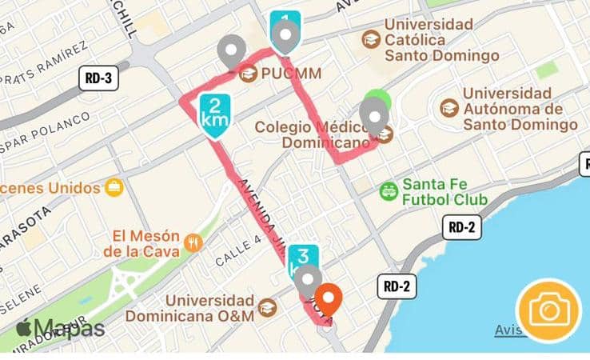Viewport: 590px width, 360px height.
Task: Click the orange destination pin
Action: (329, 300)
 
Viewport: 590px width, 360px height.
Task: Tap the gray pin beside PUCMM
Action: (233, 51)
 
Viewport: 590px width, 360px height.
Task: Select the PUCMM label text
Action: (292, 74)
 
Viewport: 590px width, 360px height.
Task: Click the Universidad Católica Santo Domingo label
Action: (441, 40)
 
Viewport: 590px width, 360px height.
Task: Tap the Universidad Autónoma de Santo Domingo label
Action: (520, 109)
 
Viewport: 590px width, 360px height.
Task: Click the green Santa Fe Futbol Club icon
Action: (389, 190)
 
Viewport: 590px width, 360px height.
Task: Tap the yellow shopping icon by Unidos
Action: (114, 188)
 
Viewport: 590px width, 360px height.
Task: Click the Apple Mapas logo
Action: (60, 328)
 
